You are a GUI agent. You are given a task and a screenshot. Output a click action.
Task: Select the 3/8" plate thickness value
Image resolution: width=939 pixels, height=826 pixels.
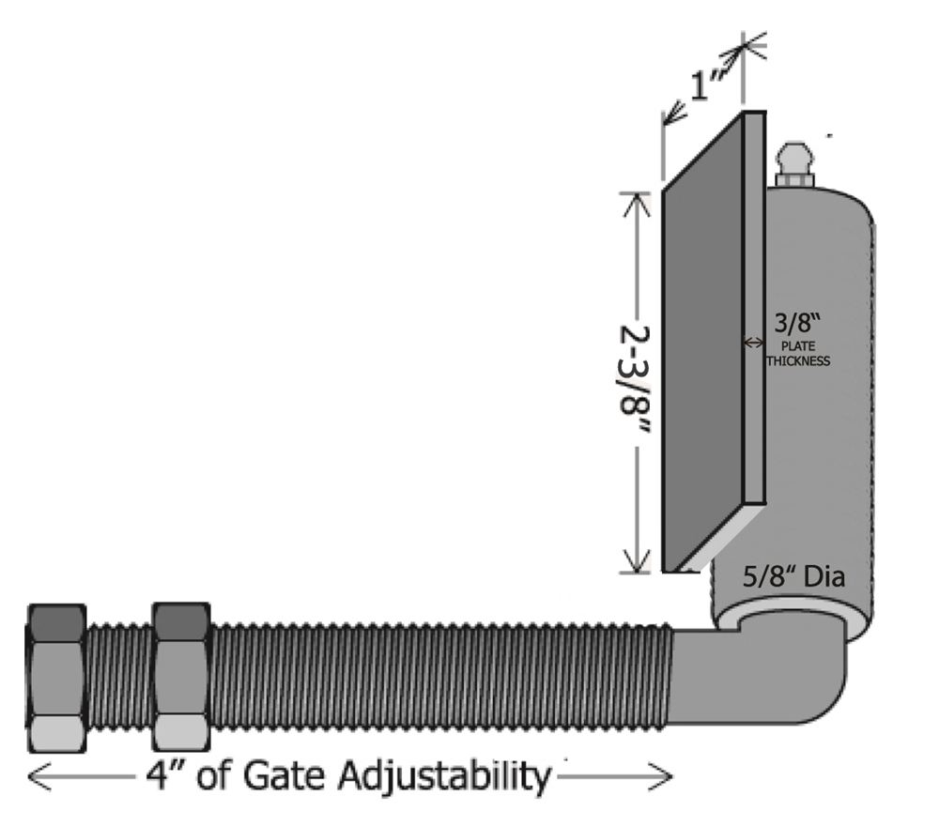[x=794, y=325]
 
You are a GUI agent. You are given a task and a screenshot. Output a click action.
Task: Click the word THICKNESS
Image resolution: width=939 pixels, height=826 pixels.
[x=798, y=360]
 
